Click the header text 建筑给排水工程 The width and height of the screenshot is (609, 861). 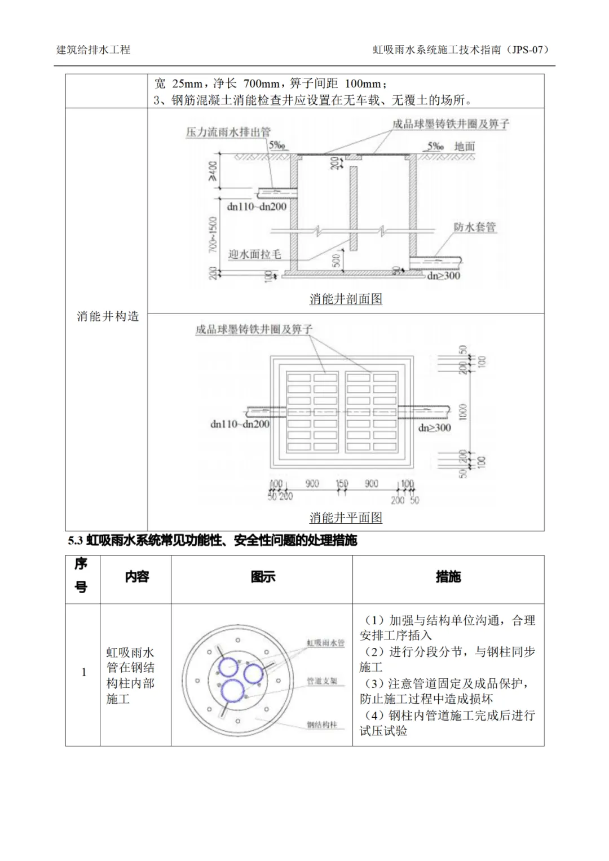[x=93, y=50]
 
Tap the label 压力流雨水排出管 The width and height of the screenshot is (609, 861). [x=228, y=132]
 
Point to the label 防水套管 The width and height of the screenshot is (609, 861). [x=474, y=227]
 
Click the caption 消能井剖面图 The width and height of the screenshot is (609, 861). [x=346, y=299]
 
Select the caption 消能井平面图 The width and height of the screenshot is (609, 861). [x=346, y=517]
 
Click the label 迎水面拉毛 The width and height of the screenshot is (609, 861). [x=254, y=254]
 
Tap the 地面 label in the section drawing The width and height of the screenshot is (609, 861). [x=465, y=147]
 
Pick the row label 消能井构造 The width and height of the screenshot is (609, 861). [x=108, y=316]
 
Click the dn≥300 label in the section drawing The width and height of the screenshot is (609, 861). [x=443, y=276]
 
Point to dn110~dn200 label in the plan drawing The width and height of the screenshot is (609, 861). [x=240, y=424]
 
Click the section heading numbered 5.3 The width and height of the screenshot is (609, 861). [x=213, y=541]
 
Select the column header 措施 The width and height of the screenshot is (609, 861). [x=448, y=577]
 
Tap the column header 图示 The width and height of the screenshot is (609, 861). [x=263, y=577]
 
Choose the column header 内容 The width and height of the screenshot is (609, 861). [x=136, y=577]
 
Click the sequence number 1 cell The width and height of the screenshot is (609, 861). [x=83, y=672]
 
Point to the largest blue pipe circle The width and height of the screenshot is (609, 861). [x=232, y=691]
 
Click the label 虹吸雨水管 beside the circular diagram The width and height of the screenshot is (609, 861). [x=325, y=643]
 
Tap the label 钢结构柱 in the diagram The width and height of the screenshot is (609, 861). [x=321, y=725]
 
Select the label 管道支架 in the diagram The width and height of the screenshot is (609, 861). [x=321, y=681]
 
